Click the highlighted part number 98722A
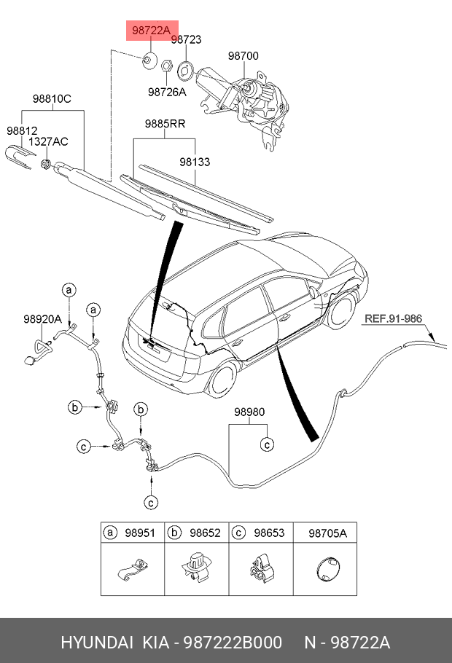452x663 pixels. coord(151,31)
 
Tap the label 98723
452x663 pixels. coord(186,39)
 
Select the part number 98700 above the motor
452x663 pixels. coord(243,55)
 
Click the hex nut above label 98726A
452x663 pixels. coord(166,66)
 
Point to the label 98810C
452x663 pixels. coord(52,98)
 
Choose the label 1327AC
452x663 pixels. coord(48,141)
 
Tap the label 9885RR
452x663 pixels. coord(165,123)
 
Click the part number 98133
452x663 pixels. coord(195,162)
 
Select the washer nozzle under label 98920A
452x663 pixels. coord(39,351)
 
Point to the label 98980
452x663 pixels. coord(250,412)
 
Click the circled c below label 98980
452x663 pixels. coord(267,444)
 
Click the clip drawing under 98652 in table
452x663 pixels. coord(196,567)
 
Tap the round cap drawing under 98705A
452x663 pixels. coord(327,568)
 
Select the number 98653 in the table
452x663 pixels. coord(269,533)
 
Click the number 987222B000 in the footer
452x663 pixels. coord(233,643)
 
